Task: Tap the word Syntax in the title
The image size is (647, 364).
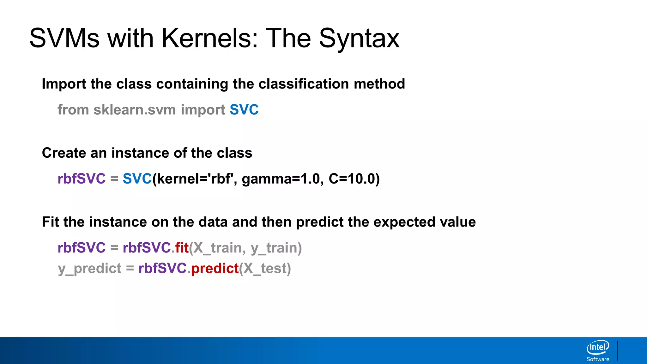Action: pos(359,38)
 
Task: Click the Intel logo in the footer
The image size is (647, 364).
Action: pos(598,348)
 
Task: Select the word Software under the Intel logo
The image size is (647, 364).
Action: pos(598,359)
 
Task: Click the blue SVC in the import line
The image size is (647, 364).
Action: pos(244,110)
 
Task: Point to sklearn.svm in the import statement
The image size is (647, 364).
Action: pos(135,110)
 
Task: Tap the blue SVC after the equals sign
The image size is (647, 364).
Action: pos(137,179)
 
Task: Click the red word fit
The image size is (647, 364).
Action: pos(182,248)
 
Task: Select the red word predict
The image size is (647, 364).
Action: pos(215,269)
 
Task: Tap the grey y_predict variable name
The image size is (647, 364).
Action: pos(90,269)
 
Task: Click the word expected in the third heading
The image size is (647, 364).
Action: pos(404,222)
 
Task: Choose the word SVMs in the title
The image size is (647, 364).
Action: pos(64,38)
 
